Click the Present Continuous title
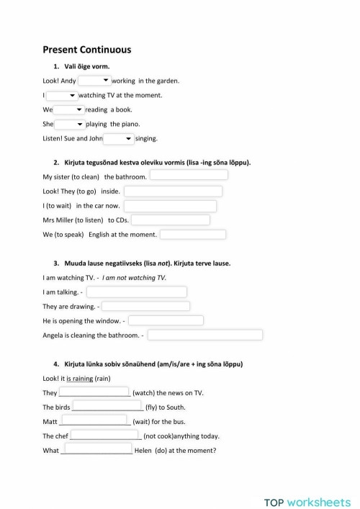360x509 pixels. pyautogui.click(x=86, y=50)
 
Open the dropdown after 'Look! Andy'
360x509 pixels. pyautogui.click(x=94, y=81)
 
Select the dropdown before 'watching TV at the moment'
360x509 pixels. pyautogui.click(x=62, y=95)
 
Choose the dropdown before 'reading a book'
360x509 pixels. pyautogui.click(x=69, y=109)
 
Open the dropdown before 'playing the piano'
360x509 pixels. pyautogui.click(x=70, y=124)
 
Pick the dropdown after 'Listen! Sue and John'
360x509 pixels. pyautogui.click(x=119, y=138)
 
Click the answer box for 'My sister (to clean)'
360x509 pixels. pyautogui.click(x=189, y=176)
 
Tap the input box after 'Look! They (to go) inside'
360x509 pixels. pyautogui.click(x=173, y=191)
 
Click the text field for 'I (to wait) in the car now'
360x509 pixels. pyautogui.click(x=170, y=206)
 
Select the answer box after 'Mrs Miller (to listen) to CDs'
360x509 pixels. pyautogui.click(x=170, y=220)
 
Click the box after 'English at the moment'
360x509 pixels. pyautogui.click(x=193, y=235)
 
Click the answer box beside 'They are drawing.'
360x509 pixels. pyautogui.click(x=146, y=306)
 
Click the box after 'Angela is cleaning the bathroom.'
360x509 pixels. pyautogui.click(x=205, y=335)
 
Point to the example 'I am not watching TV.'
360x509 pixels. pyautogui.click(x=135, y=277)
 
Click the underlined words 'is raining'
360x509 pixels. pyautogui.click(x=78, y=378)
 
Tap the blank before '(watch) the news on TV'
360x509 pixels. pyautogui.click(x=94, y=392)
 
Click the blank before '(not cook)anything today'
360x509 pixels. pyautogui.click(x=105, y=436)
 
